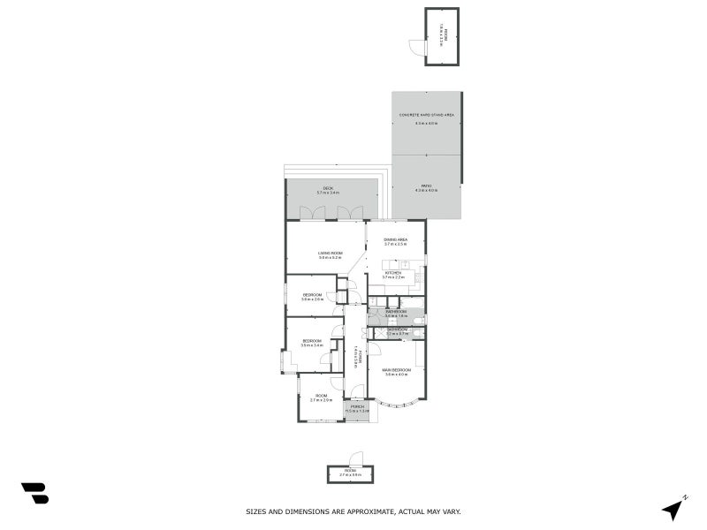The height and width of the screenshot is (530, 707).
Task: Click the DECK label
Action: pyautogui.click(x=327, y=188)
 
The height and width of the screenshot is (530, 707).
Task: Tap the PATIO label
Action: pyautogui.click(x=426, y=185)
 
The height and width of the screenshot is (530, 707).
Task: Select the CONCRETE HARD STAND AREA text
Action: pyautogui.click(x=426, y=116)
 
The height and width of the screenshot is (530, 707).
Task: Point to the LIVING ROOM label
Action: pyautogui.click(x=330, y=253)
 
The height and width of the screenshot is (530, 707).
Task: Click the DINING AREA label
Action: pyautogui.click(x=395, y=240)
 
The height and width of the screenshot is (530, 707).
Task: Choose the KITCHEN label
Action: pyautogui.click(x=392, y=273)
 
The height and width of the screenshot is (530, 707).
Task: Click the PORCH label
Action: pyautogui.click(x=357, y=407)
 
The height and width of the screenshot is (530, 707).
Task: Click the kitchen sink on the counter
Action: pyautogui.click(x=405, y=264)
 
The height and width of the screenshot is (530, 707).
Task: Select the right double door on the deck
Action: pyautogui.click(x=350, y=213)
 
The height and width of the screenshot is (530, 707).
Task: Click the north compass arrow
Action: pyautogui.click(x=673, y=508)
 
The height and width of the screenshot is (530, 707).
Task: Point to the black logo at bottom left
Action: pyautogui.click(x=34, y=493)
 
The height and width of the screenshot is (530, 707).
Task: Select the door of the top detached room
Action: pyautogui.click(x=414, y=47)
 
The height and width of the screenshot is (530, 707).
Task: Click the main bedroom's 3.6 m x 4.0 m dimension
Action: pyautogui.click(x=395, y=375)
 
